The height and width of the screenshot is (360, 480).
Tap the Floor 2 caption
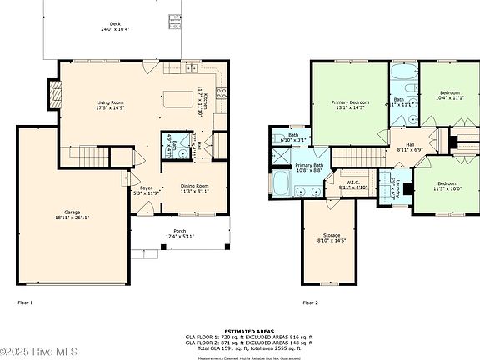[x=311, y=302]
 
